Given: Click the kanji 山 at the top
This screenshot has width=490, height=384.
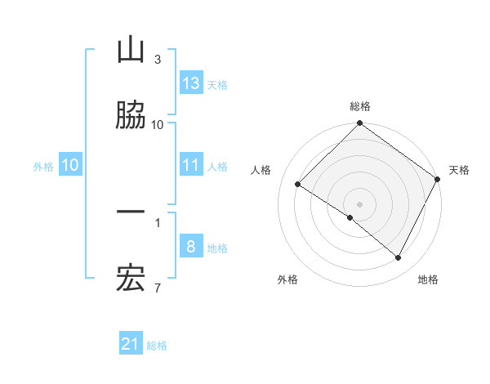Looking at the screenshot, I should [131, 51].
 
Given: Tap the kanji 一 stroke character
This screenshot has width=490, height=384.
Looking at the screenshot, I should [131, 213].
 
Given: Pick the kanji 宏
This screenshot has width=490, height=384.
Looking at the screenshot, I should [131, 279].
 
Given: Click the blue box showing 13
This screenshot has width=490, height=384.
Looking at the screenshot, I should [191, 83].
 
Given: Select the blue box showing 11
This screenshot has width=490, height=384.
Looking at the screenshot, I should [191, 166].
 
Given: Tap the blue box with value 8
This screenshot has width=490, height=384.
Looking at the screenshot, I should [191, 248].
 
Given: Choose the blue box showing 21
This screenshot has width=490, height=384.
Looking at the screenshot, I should [131, 345].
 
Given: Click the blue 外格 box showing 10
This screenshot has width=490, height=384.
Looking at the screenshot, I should [70, 166].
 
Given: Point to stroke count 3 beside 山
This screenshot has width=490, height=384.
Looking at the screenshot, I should [158, 60].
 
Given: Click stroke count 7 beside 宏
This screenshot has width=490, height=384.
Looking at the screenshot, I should [158, 288].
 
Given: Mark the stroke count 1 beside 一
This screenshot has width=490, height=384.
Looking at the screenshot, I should [158, 221].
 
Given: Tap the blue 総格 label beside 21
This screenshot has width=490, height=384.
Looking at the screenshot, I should [157, 346].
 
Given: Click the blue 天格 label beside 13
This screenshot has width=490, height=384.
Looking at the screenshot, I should [216, 84].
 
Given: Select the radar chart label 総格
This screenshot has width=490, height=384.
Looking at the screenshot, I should [360, 106].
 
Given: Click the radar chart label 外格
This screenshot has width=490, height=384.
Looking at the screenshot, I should [287, 279].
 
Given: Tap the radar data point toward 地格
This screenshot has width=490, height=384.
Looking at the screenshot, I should [399, 258].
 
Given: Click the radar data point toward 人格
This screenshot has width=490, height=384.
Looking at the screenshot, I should [297, 185].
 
